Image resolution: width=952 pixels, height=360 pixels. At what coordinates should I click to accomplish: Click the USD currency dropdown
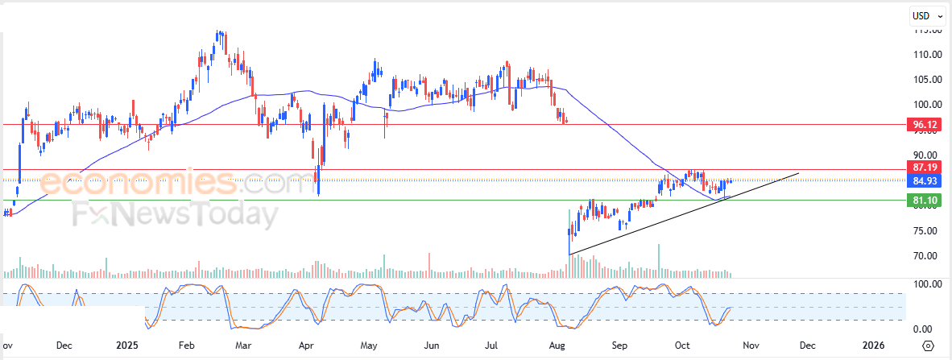[x=927, y=14]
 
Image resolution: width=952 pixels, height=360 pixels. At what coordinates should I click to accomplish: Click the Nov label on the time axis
[x=751, y=346]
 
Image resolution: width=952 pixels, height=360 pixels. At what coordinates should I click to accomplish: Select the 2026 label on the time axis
[x=874, y=346]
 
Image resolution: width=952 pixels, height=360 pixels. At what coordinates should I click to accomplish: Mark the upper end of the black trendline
[x=799, y=172]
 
